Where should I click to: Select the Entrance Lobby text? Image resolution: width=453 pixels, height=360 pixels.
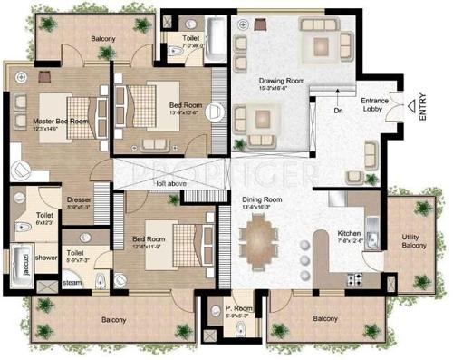pos(375,103)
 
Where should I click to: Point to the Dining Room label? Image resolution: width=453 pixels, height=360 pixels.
pos(262,201)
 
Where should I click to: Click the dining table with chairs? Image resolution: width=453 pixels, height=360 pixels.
pos(261,242)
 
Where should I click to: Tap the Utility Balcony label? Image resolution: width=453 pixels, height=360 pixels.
pos(416,241)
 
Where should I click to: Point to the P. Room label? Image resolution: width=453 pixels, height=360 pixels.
pos(238,309)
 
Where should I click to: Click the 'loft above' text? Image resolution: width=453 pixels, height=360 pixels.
pos(167,183)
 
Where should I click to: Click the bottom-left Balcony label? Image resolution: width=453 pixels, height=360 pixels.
pos(113,319)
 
